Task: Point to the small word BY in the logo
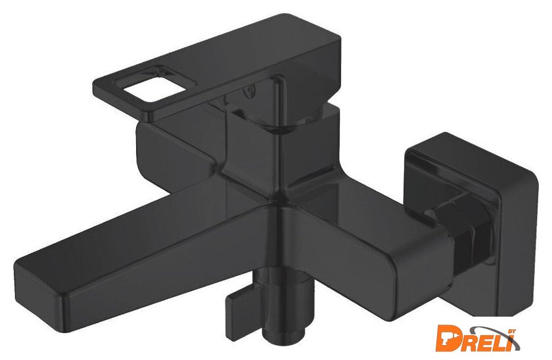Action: click(512, 331)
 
